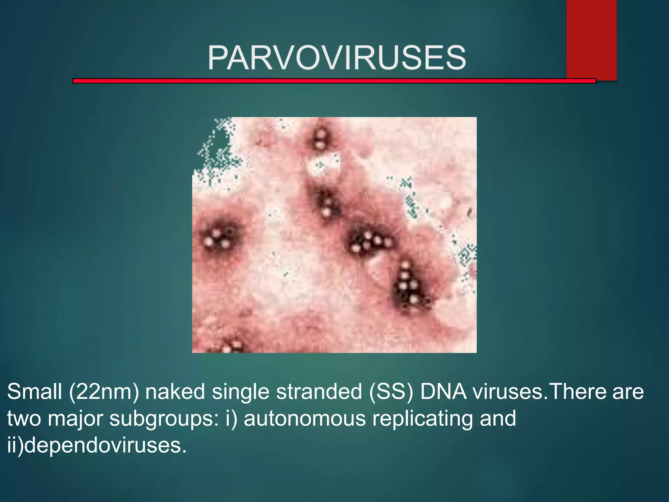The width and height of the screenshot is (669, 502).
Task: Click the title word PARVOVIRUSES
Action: pos(337,58)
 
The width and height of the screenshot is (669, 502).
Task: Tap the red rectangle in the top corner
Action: pos(591,39)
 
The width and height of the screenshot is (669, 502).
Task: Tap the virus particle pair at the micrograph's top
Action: pos(320,139)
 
